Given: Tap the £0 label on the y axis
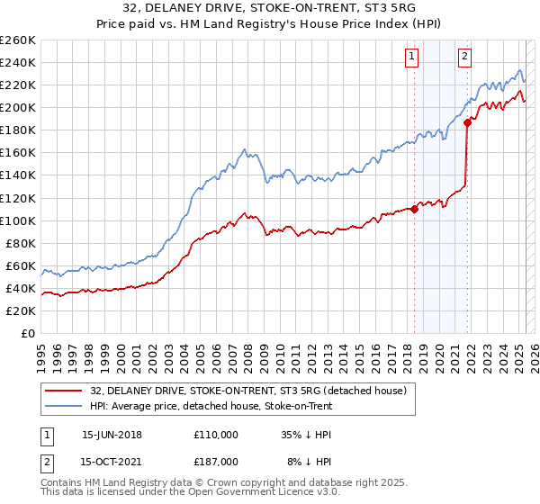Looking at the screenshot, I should (x=27, y=333).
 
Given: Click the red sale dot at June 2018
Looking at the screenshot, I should (x=414, y=209).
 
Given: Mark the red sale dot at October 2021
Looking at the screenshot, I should (x=467, y=124).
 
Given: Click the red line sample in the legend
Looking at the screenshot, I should (x=64, y=391).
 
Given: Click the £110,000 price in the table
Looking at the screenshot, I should (x=216, y=434).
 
